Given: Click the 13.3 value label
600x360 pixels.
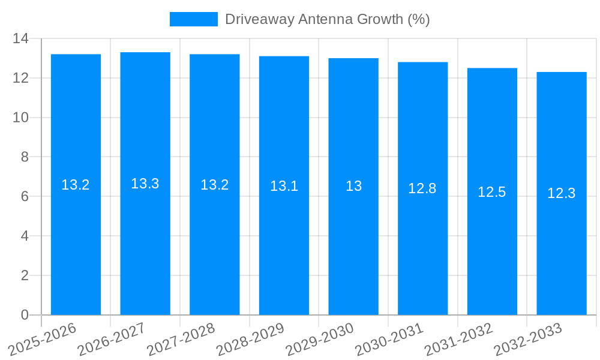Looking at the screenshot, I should point(145,184).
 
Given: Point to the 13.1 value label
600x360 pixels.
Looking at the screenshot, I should point(284,186).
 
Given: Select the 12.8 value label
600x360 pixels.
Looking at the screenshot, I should point(422,188).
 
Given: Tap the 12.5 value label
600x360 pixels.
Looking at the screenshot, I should point(492,192).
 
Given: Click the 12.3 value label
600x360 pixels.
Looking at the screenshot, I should point(562,193).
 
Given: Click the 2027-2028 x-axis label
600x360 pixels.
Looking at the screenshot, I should point(181,339).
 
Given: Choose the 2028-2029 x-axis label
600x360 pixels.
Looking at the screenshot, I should point(250,339).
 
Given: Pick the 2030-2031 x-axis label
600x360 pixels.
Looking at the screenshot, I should point(389,339).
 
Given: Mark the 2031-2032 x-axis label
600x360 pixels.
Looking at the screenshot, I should point(458,339).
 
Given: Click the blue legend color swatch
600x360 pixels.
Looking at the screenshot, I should point(193,19).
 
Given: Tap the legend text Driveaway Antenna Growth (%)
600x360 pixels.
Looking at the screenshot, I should point(328,19).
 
